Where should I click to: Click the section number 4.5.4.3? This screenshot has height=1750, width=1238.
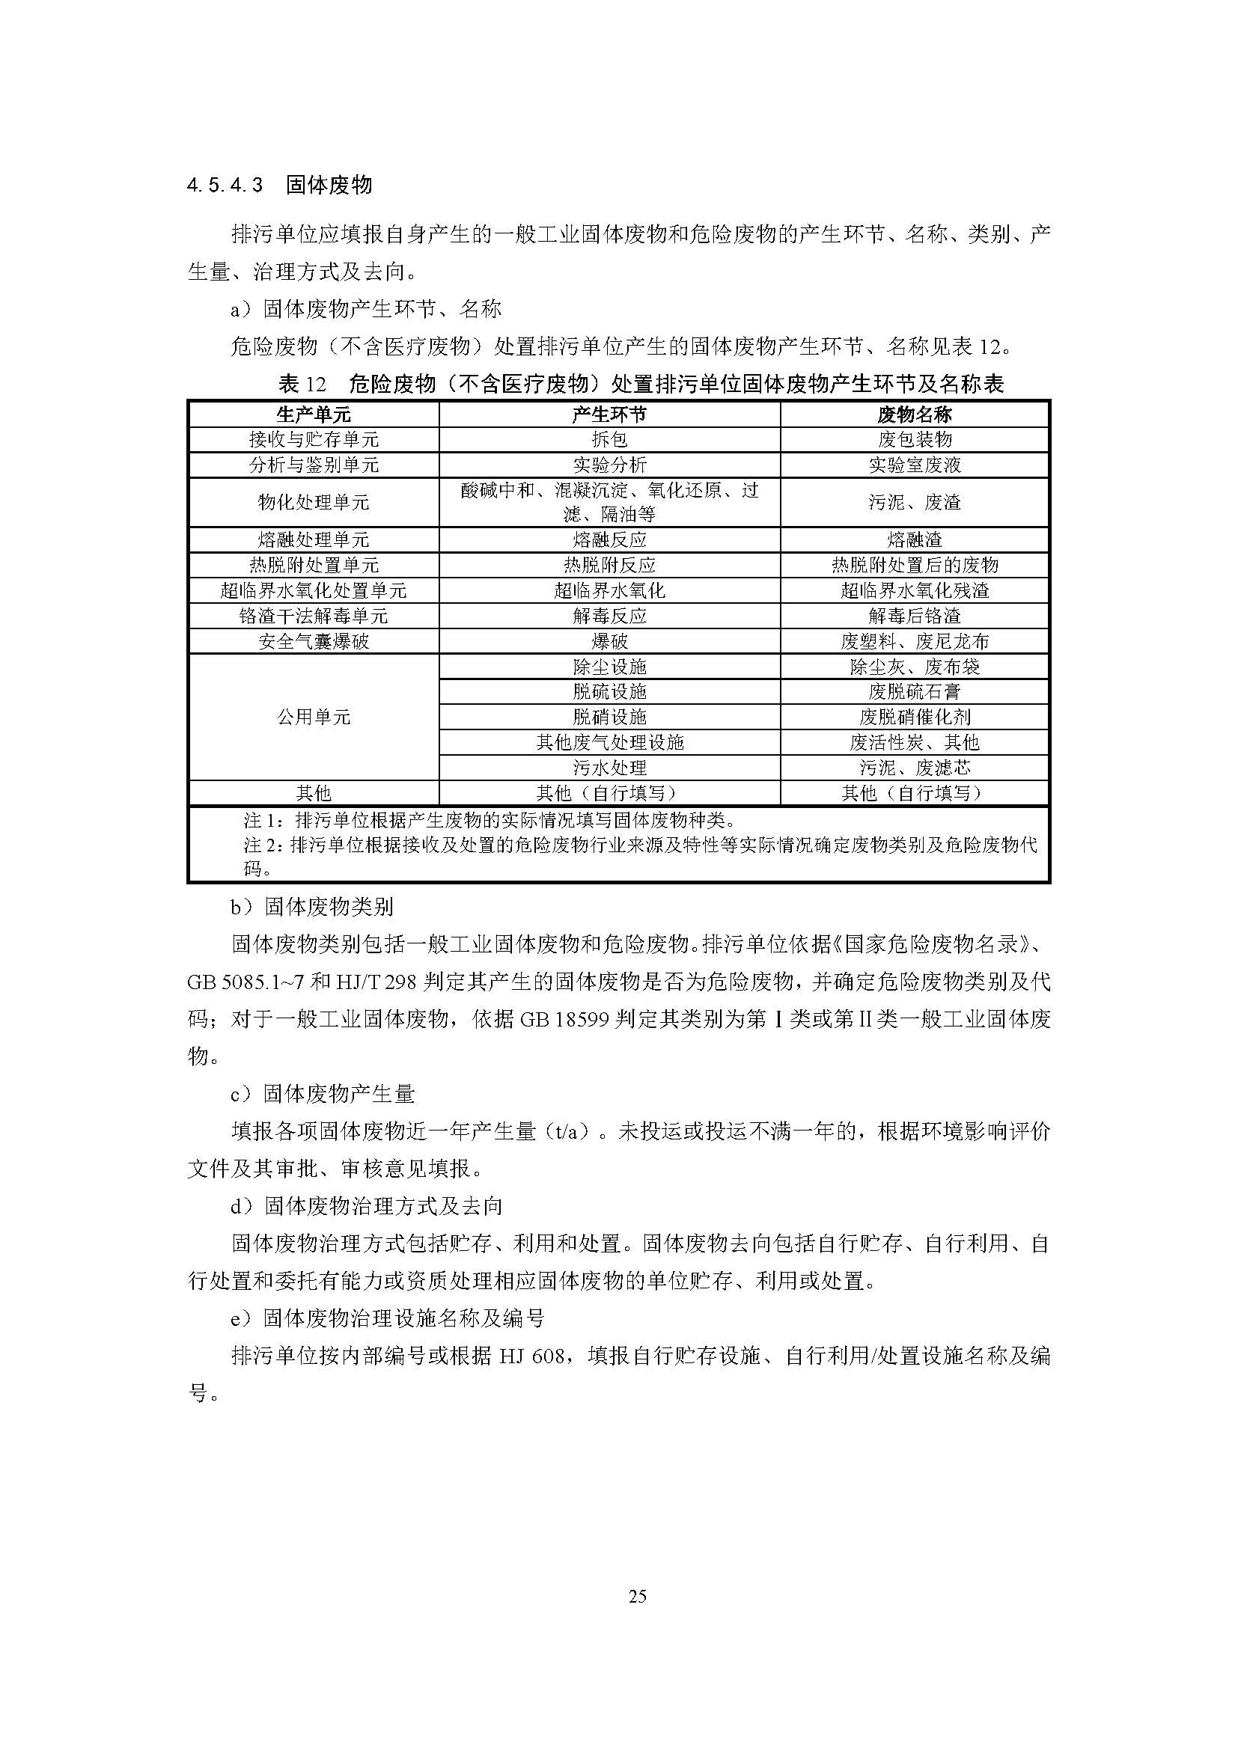click(225, 186)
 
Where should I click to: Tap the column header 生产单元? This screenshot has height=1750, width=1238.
click(314, 414)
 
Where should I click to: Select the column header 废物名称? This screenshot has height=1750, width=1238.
click(914, 414)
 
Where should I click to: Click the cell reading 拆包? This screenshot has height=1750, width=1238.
click(609, 440)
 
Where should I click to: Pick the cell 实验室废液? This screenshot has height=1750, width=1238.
click(914, 465)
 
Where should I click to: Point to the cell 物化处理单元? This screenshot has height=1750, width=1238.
click(314, 502)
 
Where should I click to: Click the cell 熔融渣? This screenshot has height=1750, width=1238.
click(914, 540)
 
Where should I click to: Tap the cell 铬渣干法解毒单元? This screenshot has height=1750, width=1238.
click(314, 616)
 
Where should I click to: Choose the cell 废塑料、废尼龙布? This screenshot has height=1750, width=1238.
click(914, 642)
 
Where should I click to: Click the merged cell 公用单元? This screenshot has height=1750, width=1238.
click(314, 718)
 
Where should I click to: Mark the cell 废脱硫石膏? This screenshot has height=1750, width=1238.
click(914, 692)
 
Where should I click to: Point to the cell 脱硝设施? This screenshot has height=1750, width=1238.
click(609, 718)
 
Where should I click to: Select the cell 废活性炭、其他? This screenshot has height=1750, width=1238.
click(914, 742)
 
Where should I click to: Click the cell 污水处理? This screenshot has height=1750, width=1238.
click(609, 768)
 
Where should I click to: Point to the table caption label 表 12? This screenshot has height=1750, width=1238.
click(302, 384)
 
